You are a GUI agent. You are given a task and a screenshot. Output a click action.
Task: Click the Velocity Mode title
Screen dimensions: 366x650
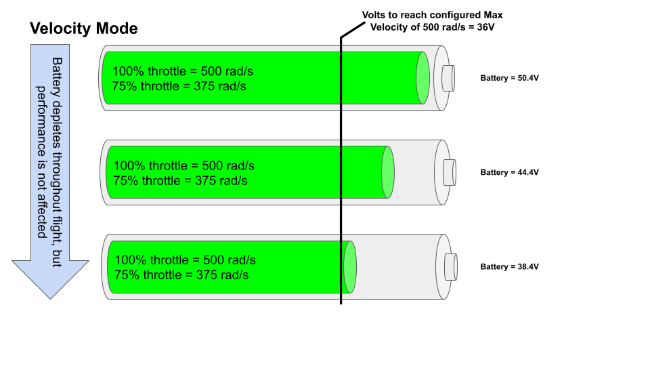[x=84, y=28]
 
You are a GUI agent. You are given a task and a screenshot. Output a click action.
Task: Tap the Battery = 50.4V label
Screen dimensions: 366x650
[x=509, y=78]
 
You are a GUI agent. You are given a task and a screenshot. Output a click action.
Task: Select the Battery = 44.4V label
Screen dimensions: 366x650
[x=509, y=172]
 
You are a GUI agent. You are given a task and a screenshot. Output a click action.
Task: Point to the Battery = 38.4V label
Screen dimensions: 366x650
[x=509, y=266]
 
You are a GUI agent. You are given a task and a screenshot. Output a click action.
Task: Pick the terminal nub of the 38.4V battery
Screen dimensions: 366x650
[x=450, y=266]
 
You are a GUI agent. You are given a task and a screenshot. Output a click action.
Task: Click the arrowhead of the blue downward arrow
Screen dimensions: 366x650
[x=51, y=278]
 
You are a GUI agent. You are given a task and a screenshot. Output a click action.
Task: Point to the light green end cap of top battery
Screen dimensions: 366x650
[x=423, y=78]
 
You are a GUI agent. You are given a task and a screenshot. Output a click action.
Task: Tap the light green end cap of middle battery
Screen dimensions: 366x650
[x=388, y=172]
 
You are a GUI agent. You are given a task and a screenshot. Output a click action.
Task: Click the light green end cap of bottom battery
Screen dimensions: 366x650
[x=350, y=266]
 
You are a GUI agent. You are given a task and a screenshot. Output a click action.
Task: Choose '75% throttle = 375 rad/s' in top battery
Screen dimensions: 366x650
[x=179, y=86]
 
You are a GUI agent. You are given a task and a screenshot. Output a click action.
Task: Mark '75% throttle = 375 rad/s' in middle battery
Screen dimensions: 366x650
[x=181, y=181]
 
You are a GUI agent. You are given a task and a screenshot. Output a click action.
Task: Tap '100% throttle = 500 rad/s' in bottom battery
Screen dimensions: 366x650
[x=185, y=260]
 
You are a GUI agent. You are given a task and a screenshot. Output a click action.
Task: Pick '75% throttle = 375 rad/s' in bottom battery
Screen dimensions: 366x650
[x=181, y=275]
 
